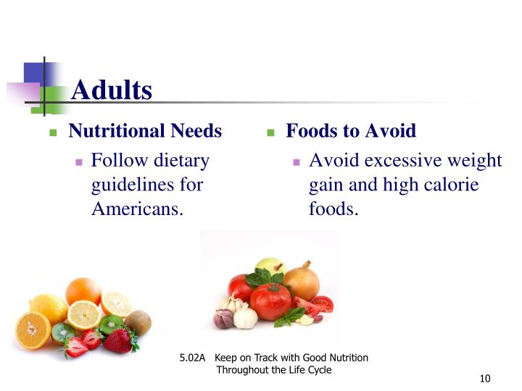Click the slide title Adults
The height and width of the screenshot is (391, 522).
[112, 91]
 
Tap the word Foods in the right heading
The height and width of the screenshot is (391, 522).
[309, 131]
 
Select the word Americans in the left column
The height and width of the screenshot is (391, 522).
[135, 209]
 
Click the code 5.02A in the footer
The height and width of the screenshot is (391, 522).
[193, 358]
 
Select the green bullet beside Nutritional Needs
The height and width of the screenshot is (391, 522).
[53, 133]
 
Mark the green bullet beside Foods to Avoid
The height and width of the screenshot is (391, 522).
[270, 133]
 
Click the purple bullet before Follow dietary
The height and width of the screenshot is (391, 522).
[79, 162]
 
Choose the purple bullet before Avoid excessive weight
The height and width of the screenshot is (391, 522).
[297, 162]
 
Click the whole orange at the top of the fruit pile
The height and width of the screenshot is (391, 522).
[83, 291]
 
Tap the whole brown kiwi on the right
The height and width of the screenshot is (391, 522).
[137, 323]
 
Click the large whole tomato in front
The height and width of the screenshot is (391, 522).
[270, 300]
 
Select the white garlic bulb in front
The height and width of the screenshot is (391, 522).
[245, 316]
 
